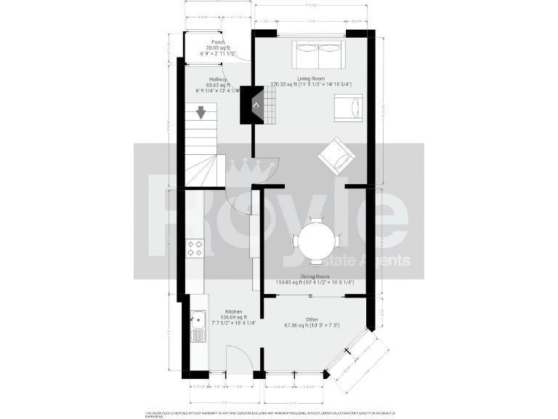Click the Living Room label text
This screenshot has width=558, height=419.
[x=310, y=78]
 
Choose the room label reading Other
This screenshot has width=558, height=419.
[x=312, y=319]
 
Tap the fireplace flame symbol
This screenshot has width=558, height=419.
[x=255, y=105]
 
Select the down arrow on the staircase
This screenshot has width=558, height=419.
[x=201, y=113]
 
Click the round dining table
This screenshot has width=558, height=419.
[x=316, y=240]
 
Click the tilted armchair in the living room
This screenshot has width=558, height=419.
[x=337, y=155]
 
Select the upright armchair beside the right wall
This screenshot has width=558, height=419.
[x=347, y=108]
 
